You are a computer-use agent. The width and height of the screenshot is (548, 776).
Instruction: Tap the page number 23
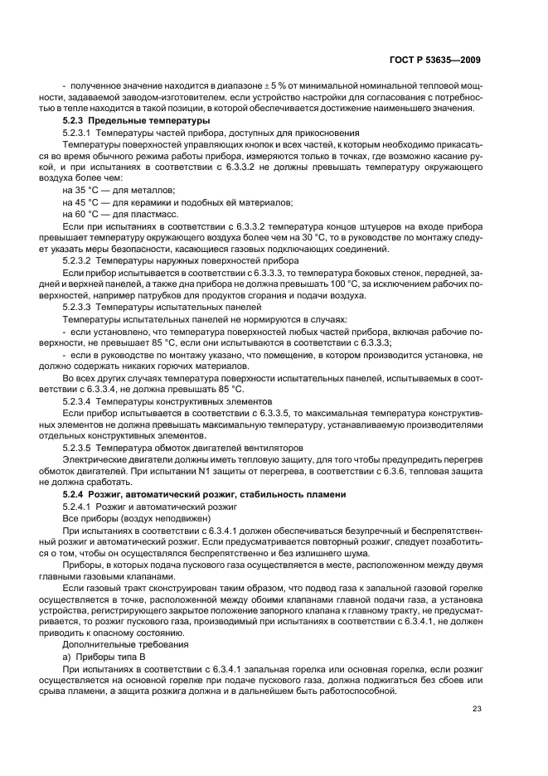pos(475,707)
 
